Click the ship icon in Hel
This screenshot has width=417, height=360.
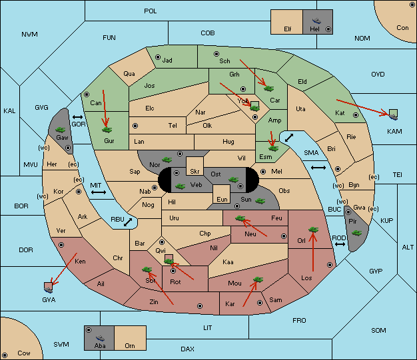click(x=316, y=21)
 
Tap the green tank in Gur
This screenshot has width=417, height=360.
click(x=107, y=130)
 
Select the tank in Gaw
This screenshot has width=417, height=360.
click(x=61, y=129)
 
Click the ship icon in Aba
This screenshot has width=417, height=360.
click(x=100, y=338)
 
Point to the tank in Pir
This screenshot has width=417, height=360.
click(x=356, y=233)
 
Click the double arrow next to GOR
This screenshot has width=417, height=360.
click(x=78, y=117)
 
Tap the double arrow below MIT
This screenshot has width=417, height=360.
click(x=99, y=192)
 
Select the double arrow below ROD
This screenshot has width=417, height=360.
click(x=340, y=244)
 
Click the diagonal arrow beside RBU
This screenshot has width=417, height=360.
click(x=128, y=222)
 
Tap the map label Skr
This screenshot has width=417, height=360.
click(x=195, y=172)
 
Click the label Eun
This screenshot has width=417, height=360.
click(x=222, y=199)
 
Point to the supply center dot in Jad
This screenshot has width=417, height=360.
click(x=158, y=57)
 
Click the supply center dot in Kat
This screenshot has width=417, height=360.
click(x=356, y=115)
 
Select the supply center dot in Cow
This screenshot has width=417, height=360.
click(x=5, y=355)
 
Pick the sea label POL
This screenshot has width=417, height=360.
click(x=151, y=11)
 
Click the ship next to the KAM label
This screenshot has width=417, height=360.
click(x=393, y=116)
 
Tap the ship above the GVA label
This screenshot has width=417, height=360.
click(x=49, y=289)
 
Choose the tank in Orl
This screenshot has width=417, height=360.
click(x=313, y=230)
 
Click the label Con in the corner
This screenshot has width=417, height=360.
click(x=402, y=28)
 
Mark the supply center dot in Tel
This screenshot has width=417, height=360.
click(x=135, y=125)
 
